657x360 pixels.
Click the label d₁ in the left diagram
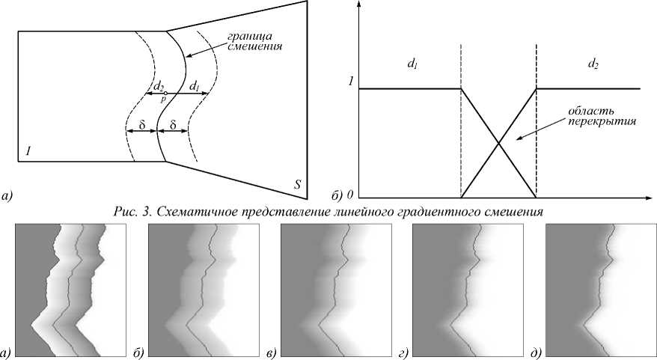pyautogui.click(x=194, y=87)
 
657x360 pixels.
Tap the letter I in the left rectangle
pyautogui.click(x=28, y=152)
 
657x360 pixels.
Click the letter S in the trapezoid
pyautogui.click(x=298, y=184)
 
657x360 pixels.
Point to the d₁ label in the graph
pyautogui.click(x=412, y=66)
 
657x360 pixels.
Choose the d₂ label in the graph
pyautogui.click(x=593, y=66)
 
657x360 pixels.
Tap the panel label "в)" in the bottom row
pyautogui.click(x=270, y=352)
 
